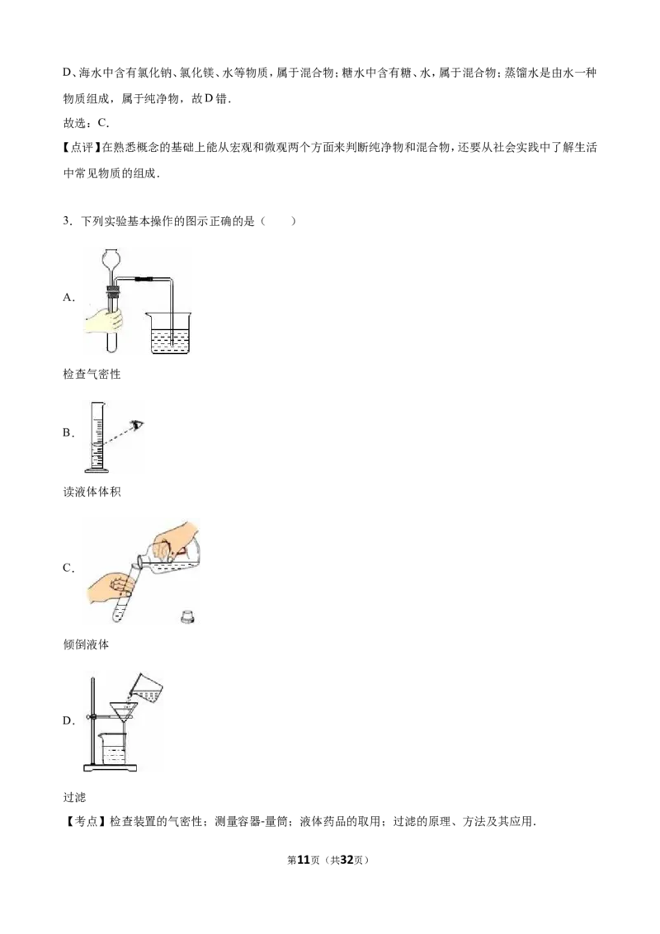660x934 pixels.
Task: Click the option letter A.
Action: point(68,298)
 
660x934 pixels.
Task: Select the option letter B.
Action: point(68,433)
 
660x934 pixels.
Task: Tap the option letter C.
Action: point(68,568)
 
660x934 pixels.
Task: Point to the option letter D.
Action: point(68,721)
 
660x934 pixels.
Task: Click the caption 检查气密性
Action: point(92,374)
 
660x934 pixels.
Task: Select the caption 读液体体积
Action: point(92,492)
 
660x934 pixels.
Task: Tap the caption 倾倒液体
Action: point(87,644)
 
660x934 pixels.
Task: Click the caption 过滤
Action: point(74,797)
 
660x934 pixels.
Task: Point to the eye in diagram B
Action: point(139,425)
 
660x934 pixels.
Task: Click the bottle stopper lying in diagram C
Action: point(188,616)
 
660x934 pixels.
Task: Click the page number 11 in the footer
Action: point(304,860)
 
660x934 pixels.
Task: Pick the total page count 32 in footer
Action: point(346,860)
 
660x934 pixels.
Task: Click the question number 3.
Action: point(67,222)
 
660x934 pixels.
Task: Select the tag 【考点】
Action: point(85,822)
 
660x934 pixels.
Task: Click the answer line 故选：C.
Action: point(87,123)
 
